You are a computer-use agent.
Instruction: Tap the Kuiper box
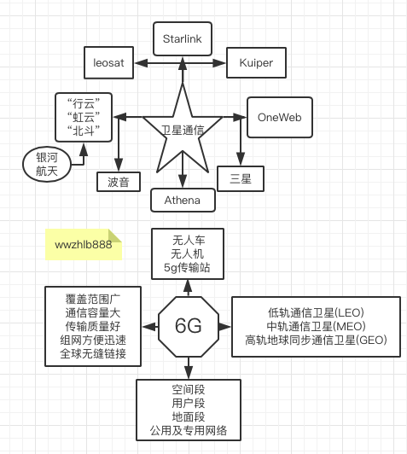pyautogui.click(x=254, y=63)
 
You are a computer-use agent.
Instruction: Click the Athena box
pyautogui.click(x=181, y=200)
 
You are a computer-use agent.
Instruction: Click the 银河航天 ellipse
pyautogui.click(x=47, y=164)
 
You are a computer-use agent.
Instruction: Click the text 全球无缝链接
pyautogui.click(x=95, y=354)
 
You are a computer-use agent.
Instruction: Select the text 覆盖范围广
pyautogui.click(x=95, y=298)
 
